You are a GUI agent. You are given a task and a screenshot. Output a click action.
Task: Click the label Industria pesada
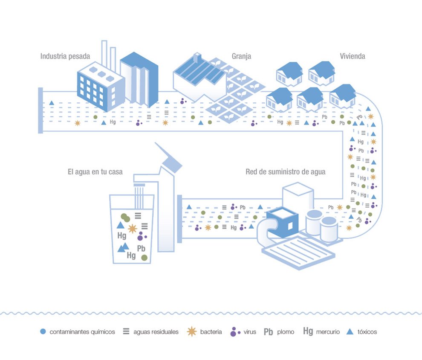[65, 56]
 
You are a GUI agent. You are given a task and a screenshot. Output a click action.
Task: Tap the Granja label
[241, 56]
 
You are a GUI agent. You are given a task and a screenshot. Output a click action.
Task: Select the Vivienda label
[352, 56]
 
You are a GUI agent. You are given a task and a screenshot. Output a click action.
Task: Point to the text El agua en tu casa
[95, 172]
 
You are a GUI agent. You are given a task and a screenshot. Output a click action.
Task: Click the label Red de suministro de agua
[286, 172]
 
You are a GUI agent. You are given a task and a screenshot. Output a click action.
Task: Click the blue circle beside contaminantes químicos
[43, 331]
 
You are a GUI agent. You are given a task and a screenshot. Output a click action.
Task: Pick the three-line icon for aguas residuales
[126, 331]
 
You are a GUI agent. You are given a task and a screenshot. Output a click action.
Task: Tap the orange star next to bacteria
[192, 331]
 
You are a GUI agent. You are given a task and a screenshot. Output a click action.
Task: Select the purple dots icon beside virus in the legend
[235, 332]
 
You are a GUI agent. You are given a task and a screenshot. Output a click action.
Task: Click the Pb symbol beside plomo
[268, 332]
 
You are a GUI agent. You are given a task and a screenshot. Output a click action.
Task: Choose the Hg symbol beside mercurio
[308, 331]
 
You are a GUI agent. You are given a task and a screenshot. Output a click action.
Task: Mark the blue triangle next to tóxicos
[350, 331]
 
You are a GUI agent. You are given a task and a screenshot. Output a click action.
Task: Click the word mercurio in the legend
[328, 332]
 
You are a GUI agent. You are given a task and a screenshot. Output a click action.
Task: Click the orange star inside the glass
[133, 229]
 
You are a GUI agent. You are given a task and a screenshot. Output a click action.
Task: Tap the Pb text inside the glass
[141, 248]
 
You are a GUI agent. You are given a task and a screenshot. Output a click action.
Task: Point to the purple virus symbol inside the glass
[141, 236]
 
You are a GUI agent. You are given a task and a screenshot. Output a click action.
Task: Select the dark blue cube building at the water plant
[282, 222]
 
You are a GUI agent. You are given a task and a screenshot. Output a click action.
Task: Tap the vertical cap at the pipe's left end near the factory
[40, 110]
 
